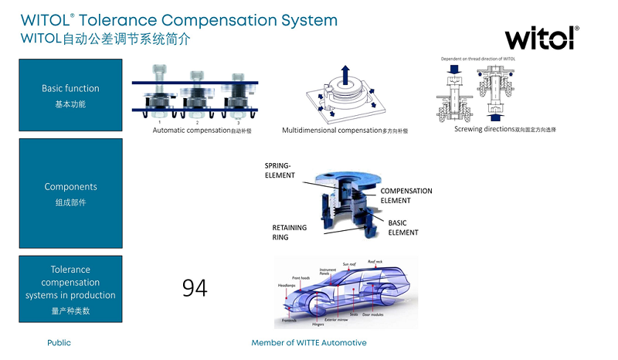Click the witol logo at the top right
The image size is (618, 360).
pyautogui.click(x=541, y=37)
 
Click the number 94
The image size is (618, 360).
pyautogui.click(x=195, y=288)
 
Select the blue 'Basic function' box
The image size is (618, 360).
pyautogui.click(x=70, y=95)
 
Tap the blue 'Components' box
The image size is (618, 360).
pyautogui.click(x=70, y=193)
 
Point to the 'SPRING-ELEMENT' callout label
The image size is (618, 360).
pyautogui.click(x=280, y=170)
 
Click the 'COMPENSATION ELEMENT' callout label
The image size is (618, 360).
pyautogui.click(x=406, y=195)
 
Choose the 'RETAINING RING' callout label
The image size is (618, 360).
pyautogui.click(x=289, y=233)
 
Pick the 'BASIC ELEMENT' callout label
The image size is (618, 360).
pyautogui.click(x=402, y=228)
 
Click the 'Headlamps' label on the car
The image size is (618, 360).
pyautogui.click(x=287, y=285)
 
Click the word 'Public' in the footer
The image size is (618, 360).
pyautogui.click(x=59, y=342)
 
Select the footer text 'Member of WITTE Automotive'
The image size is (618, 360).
pyautogui.click(x=309, y=342)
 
